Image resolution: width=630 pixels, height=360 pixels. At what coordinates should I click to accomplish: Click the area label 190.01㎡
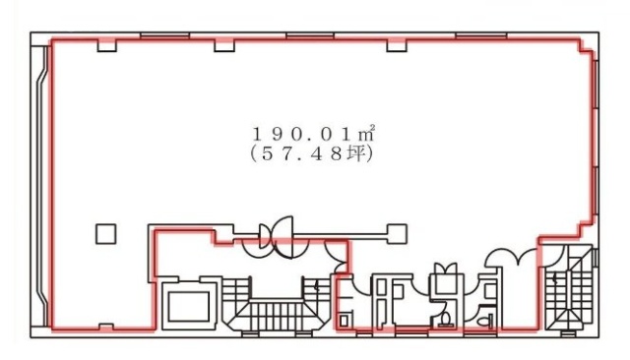[x=312, y=134]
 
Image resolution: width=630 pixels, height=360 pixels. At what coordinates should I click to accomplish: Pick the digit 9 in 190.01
[x=277, y=134]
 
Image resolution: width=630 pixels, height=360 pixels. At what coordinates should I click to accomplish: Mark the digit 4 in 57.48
[x=322, y=153]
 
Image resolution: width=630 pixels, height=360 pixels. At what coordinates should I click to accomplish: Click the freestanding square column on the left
[x=106, y=233]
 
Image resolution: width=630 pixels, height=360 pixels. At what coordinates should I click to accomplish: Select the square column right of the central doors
[x=397, y=233]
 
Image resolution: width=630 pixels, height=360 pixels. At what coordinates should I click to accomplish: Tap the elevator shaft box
[x=188, y=305]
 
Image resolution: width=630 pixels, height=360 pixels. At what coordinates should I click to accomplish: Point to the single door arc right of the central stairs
[x=340, y=258]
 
